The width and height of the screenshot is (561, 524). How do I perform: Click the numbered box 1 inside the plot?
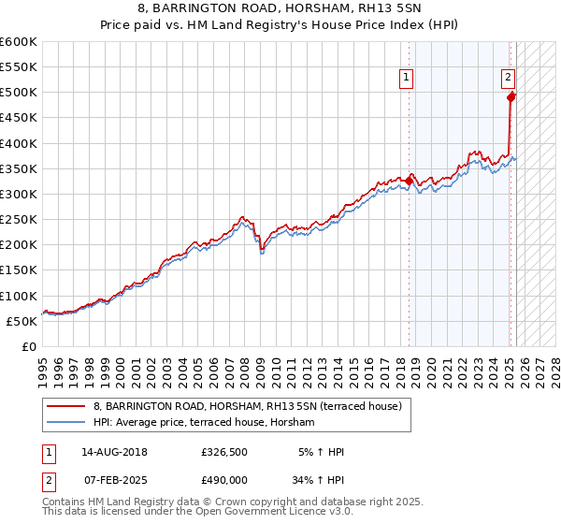pyautogui.click(x=408, y=79)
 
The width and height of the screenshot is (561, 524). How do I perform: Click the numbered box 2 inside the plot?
pyautogui.click(x=507, y=79)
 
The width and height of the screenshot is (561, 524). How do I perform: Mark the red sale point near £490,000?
pyautogui.click(x=511, y=96)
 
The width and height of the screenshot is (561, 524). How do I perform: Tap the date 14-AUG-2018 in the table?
pyautogui.click(x=113, y=452)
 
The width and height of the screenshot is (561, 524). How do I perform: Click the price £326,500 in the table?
pyautogui.click(x=223, y=452)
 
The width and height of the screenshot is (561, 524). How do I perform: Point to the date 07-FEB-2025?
pyautogui.click(x=113, y=479)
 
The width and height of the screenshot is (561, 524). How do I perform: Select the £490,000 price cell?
pyautogui.click(x=223, y=479)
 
